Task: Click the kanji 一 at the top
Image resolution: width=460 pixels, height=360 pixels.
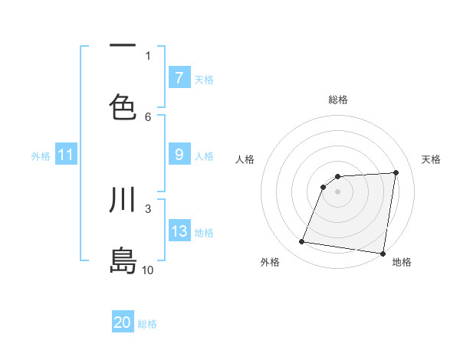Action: [x=123, y=46]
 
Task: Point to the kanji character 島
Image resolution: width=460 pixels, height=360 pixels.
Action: [x=123, y=260]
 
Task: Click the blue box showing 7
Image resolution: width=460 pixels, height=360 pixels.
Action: [x=179, y=78]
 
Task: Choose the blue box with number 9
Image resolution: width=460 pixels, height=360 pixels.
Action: [x=179, y=155]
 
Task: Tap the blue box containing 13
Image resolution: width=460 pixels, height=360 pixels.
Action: [x=179, y=231]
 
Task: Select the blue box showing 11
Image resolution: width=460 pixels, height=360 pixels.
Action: [x=65, y=155]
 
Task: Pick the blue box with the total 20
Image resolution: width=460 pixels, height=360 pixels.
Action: [x=123, y=322]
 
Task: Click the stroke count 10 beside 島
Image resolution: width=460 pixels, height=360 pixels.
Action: [x=148, y=270]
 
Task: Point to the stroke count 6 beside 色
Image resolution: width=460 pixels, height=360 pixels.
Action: [x=148, y=116]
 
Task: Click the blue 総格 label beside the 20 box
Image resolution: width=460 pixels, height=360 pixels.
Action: [x=147, y=324]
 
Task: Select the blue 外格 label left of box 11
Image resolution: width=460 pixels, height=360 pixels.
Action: [x=41, y=155]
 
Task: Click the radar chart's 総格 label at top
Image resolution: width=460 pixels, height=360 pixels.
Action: [x=337, y=100]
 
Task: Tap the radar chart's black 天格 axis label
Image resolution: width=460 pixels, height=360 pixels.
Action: [x=431, y=159]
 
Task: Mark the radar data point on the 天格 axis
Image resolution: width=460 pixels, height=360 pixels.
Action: [x=396, y=172]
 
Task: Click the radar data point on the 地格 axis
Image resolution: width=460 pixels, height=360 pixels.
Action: [x=383, y=253]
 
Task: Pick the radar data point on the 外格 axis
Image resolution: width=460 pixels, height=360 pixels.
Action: [x=302, y=242]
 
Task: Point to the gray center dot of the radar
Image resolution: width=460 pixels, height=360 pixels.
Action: [x=337, y=191]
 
